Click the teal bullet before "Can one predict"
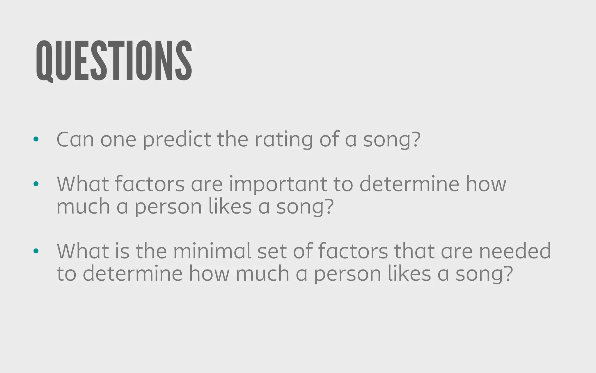pos(36,139)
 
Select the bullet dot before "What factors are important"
pos(36,184)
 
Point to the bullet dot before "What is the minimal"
pos(36,251)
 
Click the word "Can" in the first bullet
pos(75,139)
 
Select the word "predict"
pos(177,140)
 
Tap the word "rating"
pos(284,140)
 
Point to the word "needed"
pos(515,251)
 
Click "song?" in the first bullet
pos(392,140)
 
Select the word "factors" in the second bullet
pos(150,184)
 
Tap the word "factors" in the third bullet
pos(353,251)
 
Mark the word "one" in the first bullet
pos(118,140)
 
